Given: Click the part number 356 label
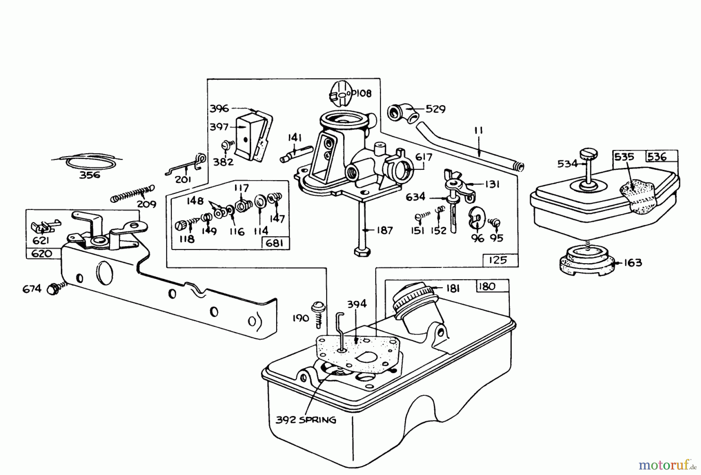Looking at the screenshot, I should [90, 175].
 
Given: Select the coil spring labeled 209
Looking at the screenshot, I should [132, 193].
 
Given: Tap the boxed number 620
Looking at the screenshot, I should [42, 253].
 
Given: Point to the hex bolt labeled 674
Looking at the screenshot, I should [53, 289].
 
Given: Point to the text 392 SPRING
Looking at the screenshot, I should [306, 420].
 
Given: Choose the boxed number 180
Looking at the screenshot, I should [487, 286].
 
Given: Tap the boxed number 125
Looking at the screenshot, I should [497, 260].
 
